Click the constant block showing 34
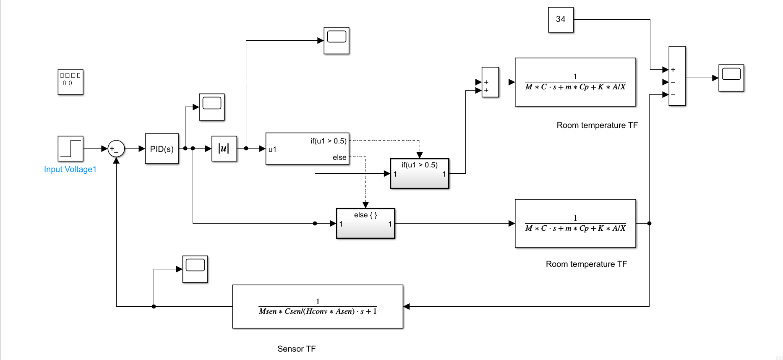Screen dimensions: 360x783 click(x=561, y=20)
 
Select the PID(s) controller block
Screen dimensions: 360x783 click(x=162, y=149)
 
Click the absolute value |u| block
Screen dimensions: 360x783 click(x=224, y=149)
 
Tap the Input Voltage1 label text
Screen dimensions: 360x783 click(x=70, y=169)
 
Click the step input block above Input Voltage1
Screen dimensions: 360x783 click(x=70, y=149)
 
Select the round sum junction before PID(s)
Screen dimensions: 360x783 click(x=116, y=149)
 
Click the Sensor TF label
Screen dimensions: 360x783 click(x=296, y=349)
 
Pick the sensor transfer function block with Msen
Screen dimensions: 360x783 click(x=318, y=307)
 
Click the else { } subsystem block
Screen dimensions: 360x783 click(x=365, y=224)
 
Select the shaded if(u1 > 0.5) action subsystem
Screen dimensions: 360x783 click(x=419, y=174)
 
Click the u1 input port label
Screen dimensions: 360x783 click(x=272, y=149)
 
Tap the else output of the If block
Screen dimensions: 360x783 click(x=339, y=157)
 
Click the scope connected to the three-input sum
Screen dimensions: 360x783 click(x=731, y=78)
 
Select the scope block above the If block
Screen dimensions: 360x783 click(x=336, y=40)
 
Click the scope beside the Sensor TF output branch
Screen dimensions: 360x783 click(x=195, y=269)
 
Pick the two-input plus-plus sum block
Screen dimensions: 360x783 click(x=490, y=82)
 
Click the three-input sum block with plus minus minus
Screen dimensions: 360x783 click(x=677, y=76)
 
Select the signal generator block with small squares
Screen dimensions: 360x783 click(x=70, y=82)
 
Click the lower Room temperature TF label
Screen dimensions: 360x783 click(x=586, y=264)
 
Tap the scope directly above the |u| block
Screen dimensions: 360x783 click(x=211, y=107)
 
